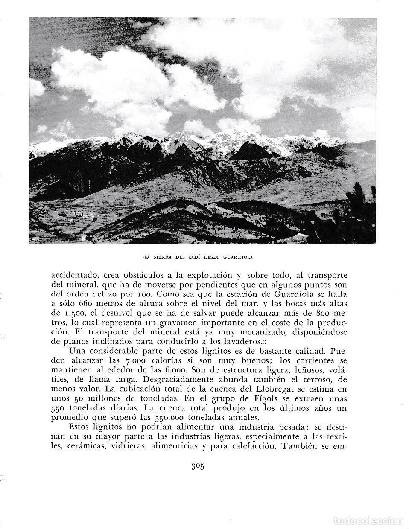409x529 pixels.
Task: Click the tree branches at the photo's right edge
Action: pyautogui.click(x=363, y=205)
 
